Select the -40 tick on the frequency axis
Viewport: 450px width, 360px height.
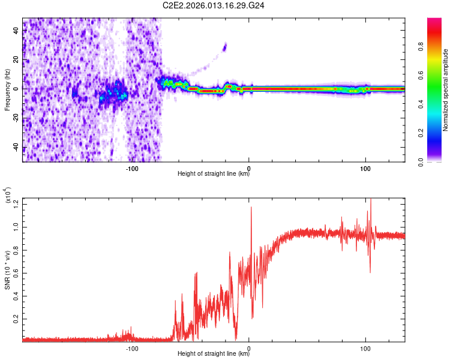point(16,148)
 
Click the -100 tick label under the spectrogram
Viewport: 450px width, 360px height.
point(132,169)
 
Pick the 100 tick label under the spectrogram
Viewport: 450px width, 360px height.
point(365,169)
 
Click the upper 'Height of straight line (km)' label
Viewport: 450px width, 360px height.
point(214,175)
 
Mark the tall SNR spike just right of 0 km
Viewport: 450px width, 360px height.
point(251,208)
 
